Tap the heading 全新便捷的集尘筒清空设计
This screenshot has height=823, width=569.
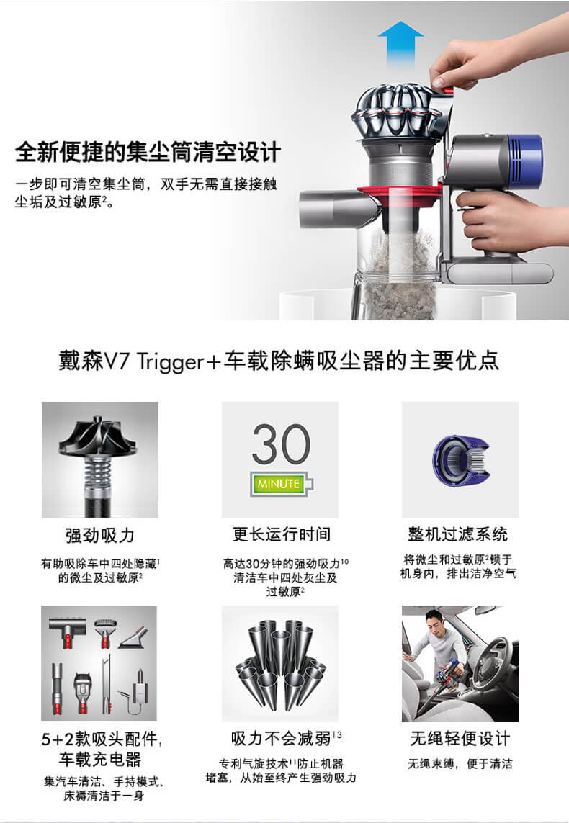(148, 152)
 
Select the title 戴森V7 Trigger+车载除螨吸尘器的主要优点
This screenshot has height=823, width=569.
(279, 361)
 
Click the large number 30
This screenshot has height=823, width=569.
(282, 444)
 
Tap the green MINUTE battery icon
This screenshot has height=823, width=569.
(282, 484)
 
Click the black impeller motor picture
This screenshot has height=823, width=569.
(99, 460)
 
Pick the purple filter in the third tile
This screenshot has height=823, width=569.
(460, 460)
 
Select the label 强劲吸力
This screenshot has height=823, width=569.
(99, 536)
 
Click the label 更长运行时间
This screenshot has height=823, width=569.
(282, 534)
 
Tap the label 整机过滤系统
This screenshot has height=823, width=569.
(457, 534)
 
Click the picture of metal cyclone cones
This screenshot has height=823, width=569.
(279, 663)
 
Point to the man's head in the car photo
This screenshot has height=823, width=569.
(435, 620)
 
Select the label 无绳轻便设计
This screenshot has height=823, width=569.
(460, 739)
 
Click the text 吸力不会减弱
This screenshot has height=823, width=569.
(281, 739)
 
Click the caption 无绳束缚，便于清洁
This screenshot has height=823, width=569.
(460, 764)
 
